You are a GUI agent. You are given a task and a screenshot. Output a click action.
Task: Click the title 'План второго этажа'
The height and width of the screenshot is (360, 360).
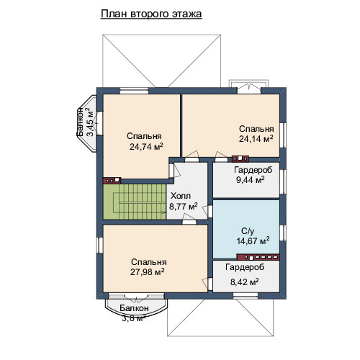(x=151, y=14)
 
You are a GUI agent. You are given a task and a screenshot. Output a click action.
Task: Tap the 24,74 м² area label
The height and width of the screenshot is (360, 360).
(x=146, y=146)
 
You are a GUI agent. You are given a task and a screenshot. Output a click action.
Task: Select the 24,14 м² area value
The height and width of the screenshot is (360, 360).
(x=256, y=138)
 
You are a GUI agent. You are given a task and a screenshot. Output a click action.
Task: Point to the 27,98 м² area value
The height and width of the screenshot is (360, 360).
(x=148, y=271)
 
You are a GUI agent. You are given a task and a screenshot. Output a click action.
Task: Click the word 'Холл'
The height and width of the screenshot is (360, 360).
(x=181, y=196)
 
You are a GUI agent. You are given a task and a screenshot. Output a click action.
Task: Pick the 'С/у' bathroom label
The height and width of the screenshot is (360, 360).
(x=248, y=231)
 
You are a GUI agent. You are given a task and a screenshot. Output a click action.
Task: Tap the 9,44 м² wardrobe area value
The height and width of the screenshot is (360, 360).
(x=251, y=179)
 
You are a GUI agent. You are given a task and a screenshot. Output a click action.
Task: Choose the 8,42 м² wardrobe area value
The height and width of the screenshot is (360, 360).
(x=245, y=282)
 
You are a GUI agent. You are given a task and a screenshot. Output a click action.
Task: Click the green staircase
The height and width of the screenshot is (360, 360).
(x=135, y=202)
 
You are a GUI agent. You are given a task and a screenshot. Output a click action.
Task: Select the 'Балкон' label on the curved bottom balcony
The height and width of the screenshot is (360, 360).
(x=135, y=308)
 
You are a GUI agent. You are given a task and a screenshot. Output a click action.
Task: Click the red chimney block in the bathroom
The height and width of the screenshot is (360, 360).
(x=258, y=257)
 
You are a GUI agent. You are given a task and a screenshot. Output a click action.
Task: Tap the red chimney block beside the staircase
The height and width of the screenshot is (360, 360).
(x=112, y=180)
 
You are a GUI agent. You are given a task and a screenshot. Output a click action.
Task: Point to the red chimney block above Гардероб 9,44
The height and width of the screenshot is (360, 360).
(x=240, y=158)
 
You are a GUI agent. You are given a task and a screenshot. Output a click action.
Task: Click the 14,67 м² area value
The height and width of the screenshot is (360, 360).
(x=253, y=240)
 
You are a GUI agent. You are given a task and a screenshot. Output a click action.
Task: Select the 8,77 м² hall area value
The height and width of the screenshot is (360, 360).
(x=184, y=206)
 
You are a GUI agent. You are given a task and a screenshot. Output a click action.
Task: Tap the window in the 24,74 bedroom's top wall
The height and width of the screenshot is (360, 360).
(x=134, y=91)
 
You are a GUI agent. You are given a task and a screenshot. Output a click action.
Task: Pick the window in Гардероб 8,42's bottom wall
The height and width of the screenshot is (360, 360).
(x=246, y=295)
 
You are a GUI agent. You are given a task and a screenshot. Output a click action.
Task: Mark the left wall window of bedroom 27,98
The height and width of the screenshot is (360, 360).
(x=100, y=245)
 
